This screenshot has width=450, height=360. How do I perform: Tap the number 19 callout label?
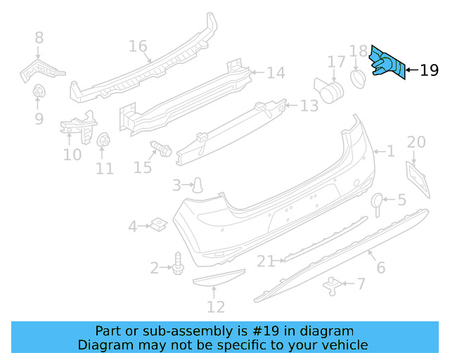coord(429,70)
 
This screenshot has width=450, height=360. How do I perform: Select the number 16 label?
coord(139,46)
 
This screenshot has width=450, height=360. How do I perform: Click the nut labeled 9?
coord(38,91)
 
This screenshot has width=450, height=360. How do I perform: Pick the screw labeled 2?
coord(177,265)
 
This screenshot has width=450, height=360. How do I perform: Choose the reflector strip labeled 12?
coord(219,281)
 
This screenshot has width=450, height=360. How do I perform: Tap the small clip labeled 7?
coord(331,284)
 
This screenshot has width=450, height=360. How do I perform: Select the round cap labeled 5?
coord(377,201)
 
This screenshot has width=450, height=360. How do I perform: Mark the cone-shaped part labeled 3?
coord(200,184)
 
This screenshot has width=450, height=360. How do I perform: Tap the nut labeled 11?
coord(103,140)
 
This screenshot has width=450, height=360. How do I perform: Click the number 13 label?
coord(309,106)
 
